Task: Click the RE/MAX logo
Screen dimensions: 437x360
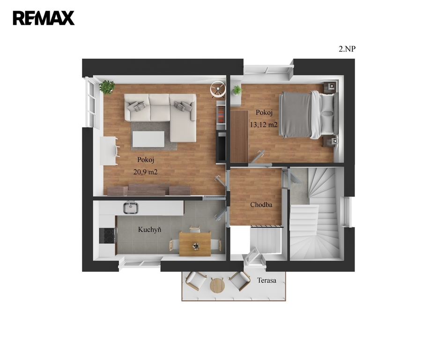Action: pyautogui.click(x=44, y=18)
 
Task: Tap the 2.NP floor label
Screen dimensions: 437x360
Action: pyautogui.click(x=347, y=49)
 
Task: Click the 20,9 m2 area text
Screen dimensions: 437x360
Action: pyautogui.click(x=145, y=172)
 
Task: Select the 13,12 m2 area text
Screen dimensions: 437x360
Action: pyautogui.click(x=263, y=125)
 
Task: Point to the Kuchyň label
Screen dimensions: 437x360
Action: pyautogui.click(x=150, y=230)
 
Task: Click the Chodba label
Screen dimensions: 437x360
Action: pyautogui.click(x=261, y=205)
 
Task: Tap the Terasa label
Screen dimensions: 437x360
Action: pyautogui.click(x=267, y=280)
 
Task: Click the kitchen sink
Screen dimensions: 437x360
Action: pyautogui.click(x=131, y=208)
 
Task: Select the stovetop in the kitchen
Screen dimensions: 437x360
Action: pyautogui.click(x=108, y=236)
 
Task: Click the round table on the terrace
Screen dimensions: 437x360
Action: pyautogui.click(x=217, y=285)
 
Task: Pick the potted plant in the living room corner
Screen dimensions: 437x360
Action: pyautogui.click(x=107, y=87)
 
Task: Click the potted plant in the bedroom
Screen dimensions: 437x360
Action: pyautogui.click(x=237, y=90)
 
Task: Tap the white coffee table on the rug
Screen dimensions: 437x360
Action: pyautogui.click(x=148, y=139)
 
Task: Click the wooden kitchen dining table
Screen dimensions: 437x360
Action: pyautogui.click(x=195, y=244)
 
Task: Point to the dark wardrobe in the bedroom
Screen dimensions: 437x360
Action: pyautogui.click(x=239, y=136)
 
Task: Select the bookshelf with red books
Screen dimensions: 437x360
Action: pyautogui.click(x=221, y=115)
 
